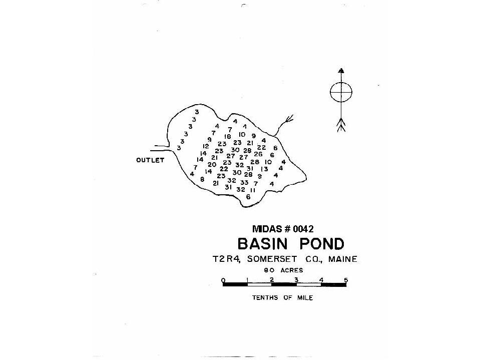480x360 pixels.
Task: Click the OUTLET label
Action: point(150,160)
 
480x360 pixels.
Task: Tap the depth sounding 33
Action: point(244,182)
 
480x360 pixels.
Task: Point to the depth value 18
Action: point(227,137)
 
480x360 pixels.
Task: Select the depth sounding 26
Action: point(258,154)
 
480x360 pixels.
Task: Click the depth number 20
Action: point(212,164)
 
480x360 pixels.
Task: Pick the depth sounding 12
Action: point(206,146)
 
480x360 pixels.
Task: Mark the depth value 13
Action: point(264,169)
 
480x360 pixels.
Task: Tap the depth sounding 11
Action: point(253,190)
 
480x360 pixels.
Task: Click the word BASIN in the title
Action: point(263,244)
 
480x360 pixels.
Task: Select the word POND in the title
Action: point(322,244)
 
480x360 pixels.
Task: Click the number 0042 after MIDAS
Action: point(303,229)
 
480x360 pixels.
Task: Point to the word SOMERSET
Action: point(272,259)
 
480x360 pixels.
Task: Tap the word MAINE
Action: point(342,259)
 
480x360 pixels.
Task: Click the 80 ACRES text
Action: point(283,270)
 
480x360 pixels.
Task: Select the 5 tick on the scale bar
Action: point(346,280)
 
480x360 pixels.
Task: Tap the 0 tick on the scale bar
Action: point(223,280)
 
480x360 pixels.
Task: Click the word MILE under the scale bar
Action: point(305,297)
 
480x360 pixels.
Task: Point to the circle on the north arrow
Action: point(341,82)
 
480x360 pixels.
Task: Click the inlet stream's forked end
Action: point(289,119)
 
